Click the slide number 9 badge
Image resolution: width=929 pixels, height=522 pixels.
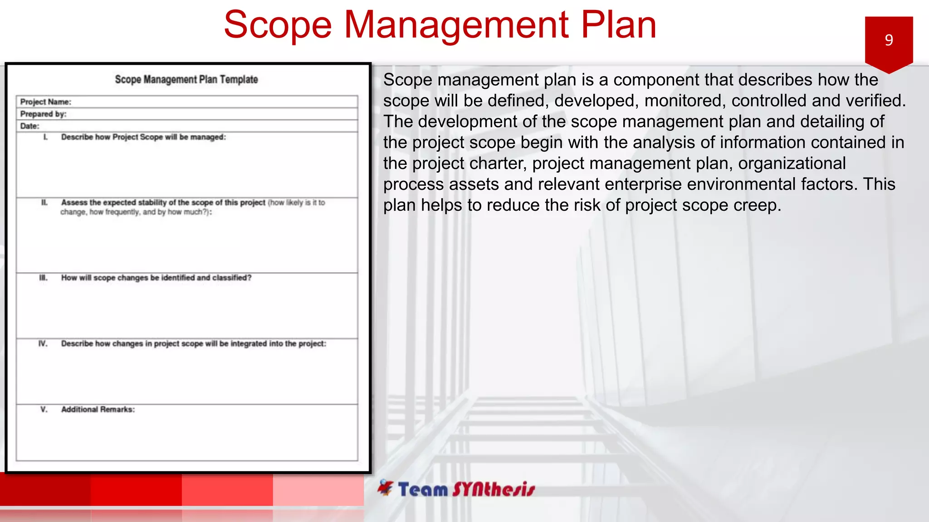click(889, 41)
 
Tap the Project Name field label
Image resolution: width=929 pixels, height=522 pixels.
click(45, 102)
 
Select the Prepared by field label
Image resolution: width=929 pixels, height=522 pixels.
click(43, 114)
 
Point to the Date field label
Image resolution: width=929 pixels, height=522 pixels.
click(29, 126)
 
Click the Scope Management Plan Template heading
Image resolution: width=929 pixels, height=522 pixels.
click(186, 80)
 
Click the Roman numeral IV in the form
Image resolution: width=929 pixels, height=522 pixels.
click(43, 343)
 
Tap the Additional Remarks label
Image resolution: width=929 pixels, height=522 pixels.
click(98, 410)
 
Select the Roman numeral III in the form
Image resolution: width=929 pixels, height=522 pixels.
click(43, 277)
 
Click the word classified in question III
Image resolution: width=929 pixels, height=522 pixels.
click(231, 278)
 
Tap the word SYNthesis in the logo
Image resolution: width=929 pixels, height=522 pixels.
click(494, 489)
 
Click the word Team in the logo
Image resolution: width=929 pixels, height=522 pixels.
click(423, 489)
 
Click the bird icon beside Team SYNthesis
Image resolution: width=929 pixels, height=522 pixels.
click(386, 488)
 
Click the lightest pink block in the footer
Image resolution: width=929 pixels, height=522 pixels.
click(318, 489)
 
